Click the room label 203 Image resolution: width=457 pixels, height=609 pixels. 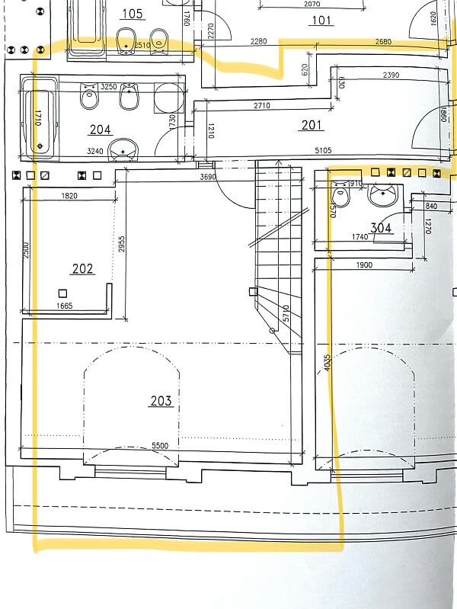point(161,401)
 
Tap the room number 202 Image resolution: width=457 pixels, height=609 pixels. point(82,268)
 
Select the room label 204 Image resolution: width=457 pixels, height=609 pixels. point(101,129)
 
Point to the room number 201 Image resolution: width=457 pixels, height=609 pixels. point(312,126)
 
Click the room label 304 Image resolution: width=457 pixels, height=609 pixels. point(380,227)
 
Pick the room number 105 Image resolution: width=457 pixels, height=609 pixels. point(132,14)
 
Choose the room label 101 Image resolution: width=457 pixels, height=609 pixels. point(322,20)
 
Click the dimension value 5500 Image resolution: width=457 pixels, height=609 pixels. point(161,445)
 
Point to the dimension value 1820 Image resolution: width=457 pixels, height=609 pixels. point(69,196)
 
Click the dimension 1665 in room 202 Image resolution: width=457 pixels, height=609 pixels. point(64,306)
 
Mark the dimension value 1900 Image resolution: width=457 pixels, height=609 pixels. point(363,264)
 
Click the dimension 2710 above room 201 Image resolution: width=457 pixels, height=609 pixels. point(261,104)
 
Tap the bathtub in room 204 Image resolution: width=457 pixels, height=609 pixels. point(39,120)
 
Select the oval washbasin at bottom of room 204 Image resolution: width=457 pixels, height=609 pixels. point(122,150)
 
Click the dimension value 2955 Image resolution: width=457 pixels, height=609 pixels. point(122,244)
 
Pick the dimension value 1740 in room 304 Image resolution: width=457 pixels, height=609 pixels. point(360,238)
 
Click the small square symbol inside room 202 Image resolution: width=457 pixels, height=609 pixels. point(63,293)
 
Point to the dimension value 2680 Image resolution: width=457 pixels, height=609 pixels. point(384,41)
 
